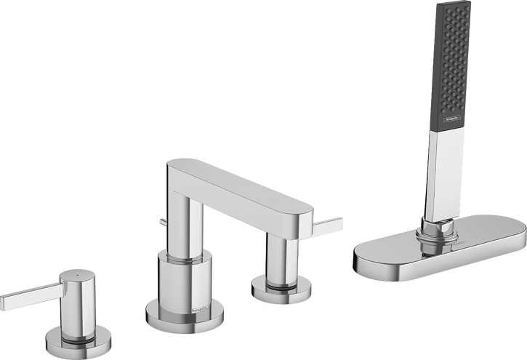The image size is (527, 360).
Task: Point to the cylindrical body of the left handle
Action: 78,302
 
